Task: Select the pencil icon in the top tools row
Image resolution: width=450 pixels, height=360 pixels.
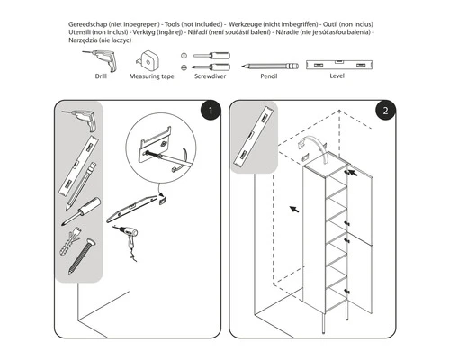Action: pyautogui.click(x=265, y=67)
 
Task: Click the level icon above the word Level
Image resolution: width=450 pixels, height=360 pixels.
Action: pyautogui.click(x=337, y=66)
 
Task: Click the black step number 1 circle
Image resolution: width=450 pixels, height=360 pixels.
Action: pyautogui.click(x=209, y=112)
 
